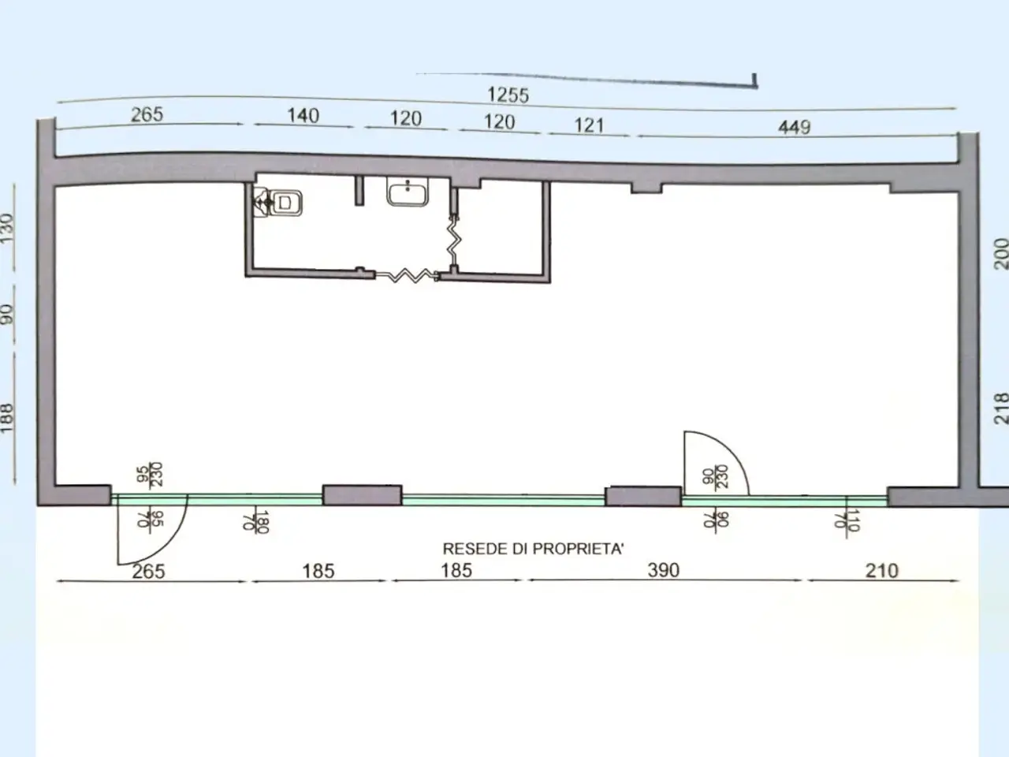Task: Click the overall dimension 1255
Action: click(508, 95)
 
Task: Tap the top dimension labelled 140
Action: click(303, 115)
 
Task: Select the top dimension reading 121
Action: click(589, 125)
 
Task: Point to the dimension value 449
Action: click(795, 127)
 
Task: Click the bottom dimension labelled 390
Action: click(663, 570)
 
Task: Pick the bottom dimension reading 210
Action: click(881, 570)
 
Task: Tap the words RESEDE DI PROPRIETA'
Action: click(533, 549)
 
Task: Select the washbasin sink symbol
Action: click(408, 192)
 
